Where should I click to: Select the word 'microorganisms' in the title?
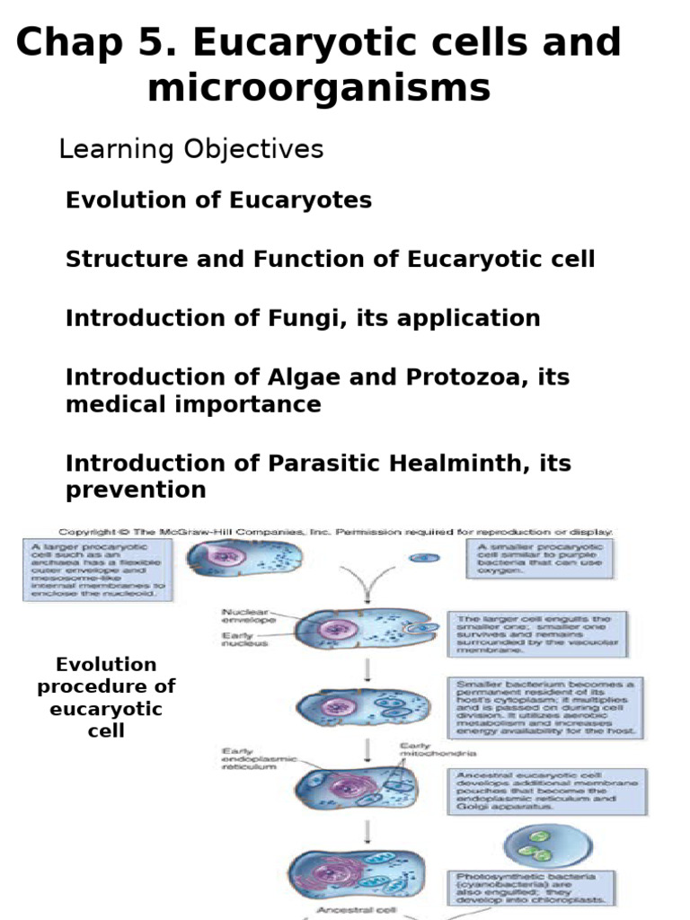coord(319,89)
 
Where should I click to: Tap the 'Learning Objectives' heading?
coord(190,149)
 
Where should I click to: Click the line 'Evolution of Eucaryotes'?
coord(218,200)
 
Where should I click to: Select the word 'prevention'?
coord(136,490)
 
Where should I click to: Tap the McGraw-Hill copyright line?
coord(335,531)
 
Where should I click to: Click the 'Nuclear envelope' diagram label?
coord(249,615)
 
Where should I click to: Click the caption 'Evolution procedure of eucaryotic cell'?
coord(106,697)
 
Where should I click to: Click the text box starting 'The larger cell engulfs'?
coord(537,634)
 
